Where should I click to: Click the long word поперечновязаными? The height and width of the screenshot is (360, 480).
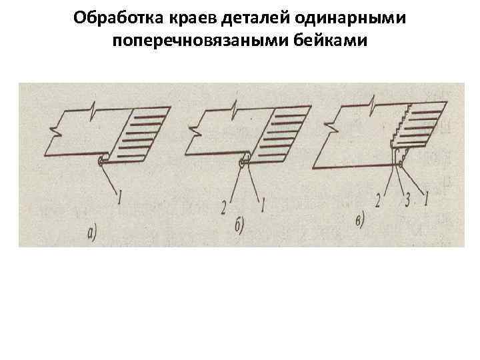coord(207,41)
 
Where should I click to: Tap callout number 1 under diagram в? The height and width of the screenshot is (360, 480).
coord(427,198)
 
